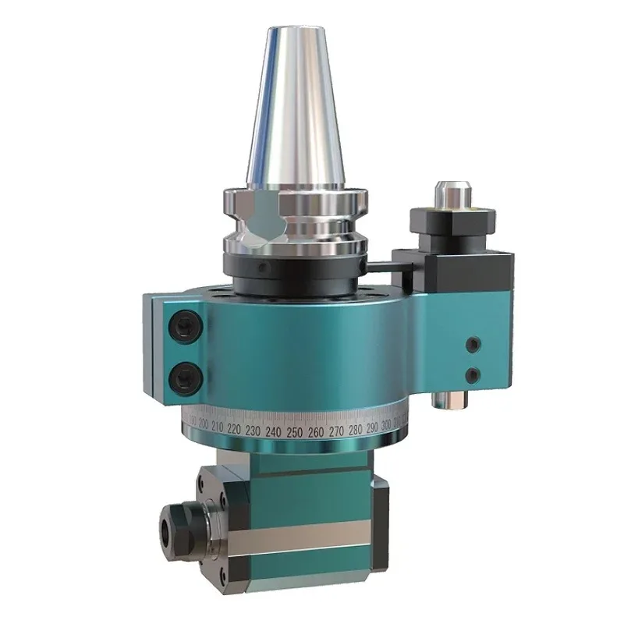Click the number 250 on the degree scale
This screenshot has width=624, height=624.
pyautogui.click(x=294, y=431)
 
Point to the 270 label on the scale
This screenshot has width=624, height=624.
pyautogui.click(x=336, y=431)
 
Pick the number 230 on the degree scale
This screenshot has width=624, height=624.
pyautogui.click(x=251, y=430)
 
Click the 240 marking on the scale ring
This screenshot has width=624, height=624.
pyautogui.click(x=273, y=431)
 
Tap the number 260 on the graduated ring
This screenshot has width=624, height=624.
pyautogui.click(x=315, y=431)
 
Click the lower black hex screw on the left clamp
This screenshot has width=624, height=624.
pyautogui.click(x=186, y=377)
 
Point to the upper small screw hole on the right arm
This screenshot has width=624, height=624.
pyautogui.click(x=471, y=343)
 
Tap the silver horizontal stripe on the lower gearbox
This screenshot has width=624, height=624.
pyautogui.click(x=312, y=539)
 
